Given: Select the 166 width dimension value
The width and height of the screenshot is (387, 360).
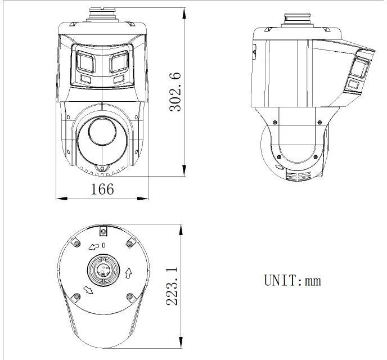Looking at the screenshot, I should [x=102, y=189].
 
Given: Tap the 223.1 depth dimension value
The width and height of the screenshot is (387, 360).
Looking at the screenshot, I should [x=172, y=286].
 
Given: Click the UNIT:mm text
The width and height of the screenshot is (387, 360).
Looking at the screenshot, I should [x=292, y=280].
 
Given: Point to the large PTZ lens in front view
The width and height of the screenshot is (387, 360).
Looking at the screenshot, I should [x=101, y=136].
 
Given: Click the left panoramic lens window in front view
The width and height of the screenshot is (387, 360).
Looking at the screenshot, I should [x=85, y=62].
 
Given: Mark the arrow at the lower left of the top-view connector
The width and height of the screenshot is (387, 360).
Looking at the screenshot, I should [x=88, y=290].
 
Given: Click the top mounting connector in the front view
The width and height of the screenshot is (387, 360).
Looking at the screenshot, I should [x=103, y=14].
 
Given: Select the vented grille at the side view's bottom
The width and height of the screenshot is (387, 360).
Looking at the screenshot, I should [x=298, y=177].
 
